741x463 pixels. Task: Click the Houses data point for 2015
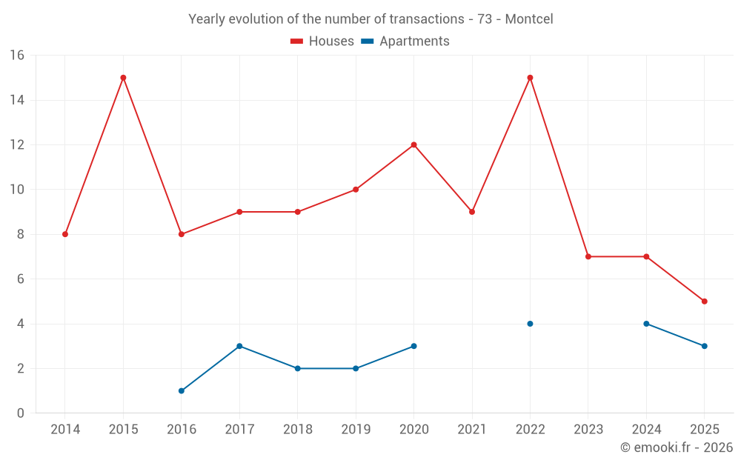(x=123, y=78)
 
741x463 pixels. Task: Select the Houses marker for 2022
(x=530, y=78)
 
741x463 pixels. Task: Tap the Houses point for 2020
(x=413, y=144)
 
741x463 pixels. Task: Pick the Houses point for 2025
(x=704, y=302)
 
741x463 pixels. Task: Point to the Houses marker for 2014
(x=65, y=234)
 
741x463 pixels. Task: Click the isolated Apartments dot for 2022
(x=530, y=324)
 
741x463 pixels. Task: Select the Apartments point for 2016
(x=182, y=390)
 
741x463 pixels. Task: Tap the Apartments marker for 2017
(x=239, y=346)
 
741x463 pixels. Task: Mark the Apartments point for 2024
(x=646, y=324)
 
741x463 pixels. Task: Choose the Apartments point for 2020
(x=413, y=346)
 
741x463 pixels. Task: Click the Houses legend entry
(x=322, y=41)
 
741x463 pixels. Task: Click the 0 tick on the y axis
(x=20, y=413)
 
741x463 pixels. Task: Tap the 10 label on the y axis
(x=16, y=190)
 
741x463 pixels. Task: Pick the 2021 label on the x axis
(x=472, y=430)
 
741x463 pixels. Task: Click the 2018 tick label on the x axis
(x=297, y=430)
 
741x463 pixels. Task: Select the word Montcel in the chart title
(x=529, y=19)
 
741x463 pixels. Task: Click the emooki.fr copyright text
(x=677, y=447)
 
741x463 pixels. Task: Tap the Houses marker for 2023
(x=588, y=256)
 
